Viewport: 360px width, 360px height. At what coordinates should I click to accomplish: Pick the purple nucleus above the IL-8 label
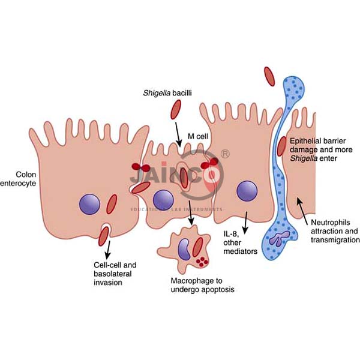click(x=246, y=191)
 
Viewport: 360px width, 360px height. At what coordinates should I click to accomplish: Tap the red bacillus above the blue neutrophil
click(x=271, y=75)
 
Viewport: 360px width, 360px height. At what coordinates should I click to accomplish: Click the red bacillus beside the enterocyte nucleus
click(x=112, y=205)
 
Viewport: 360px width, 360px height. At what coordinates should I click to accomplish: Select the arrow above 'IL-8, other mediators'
click(x=245, y=221)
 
